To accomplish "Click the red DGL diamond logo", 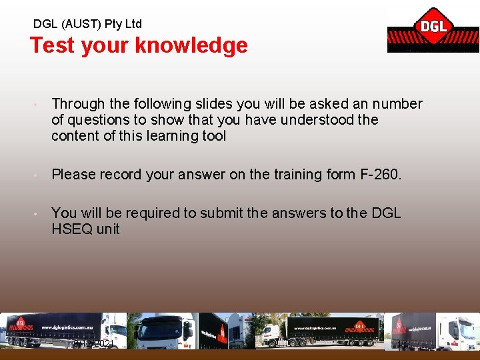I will pyautogui.click(x=433, y=27).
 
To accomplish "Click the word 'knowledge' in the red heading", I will pyautogui.click(x=191, y=45).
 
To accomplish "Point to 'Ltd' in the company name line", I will pyautogui.click(x=133, y=24).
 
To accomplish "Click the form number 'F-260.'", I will pyautogui.click(x=380, y=175).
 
